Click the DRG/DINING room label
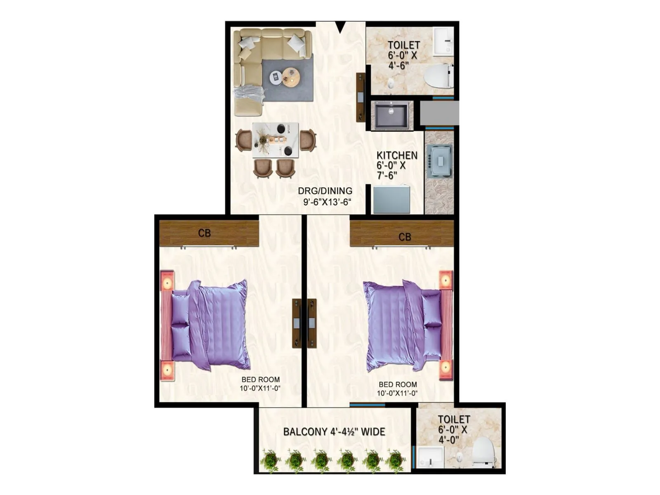click(x=325, y=191)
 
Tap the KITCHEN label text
click(x=397, y=156)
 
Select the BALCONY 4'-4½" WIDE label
click(x=334, y=432)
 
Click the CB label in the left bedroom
click(x=204, y=233)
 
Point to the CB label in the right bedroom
click(x=405, y=237)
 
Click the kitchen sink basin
click(x=391, y=115)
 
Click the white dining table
click(x=276, y=140)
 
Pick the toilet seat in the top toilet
click(x=438, y=76)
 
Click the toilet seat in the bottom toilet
click(x=483, y=452)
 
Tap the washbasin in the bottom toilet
click(x=430, y=457)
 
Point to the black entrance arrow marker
click(x=340, y=27)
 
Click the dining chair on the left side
click(x=243, y=140)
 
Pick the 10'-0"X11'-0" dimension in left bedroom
click(x=260, y=388)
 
